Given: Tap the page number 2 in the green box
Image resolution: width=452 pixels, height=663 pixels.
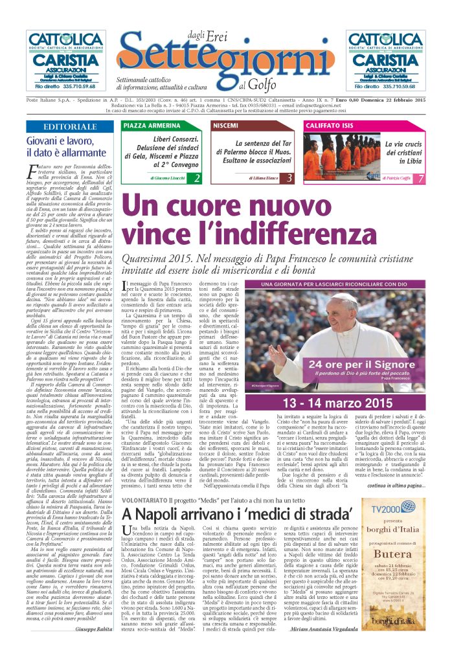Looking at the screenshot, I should click(x=197, y=177).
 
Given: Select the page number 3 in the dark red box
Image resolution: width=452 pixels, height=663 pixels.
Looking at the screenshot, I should click(x=289, y=177).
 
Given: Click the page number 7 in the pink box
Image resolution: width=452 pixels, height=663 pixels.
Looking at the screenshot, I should click(x=422, y=178).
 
